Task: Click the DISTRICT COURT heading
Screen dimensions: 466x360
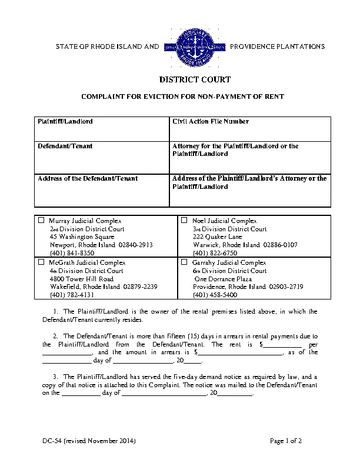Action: [195, 79]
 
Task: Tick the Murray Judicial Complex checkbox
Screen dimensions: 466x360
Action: [41, 221]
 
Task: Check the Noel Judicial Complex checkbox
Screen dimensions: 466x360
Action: [184, 221]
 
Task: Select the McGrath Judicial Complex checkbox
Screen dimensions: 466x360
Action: [41, 262]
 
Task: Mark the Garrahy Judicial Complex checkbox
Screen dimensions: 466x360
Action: [184, 262]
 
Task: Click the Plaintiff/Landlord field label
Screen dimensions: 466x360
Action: [65, 121]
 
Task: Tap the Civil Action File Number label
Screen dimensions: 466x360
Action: [210, 121]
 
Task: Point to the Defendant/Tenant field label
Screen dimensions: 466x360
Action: [65, 146]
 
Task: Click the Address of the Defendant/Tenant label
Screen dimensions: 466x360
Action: [88, 178]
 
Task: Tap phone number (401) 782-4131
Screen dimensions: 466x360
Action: [72, 294]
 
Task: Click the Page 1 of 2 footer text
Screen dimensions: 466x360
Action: [286, 441]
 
